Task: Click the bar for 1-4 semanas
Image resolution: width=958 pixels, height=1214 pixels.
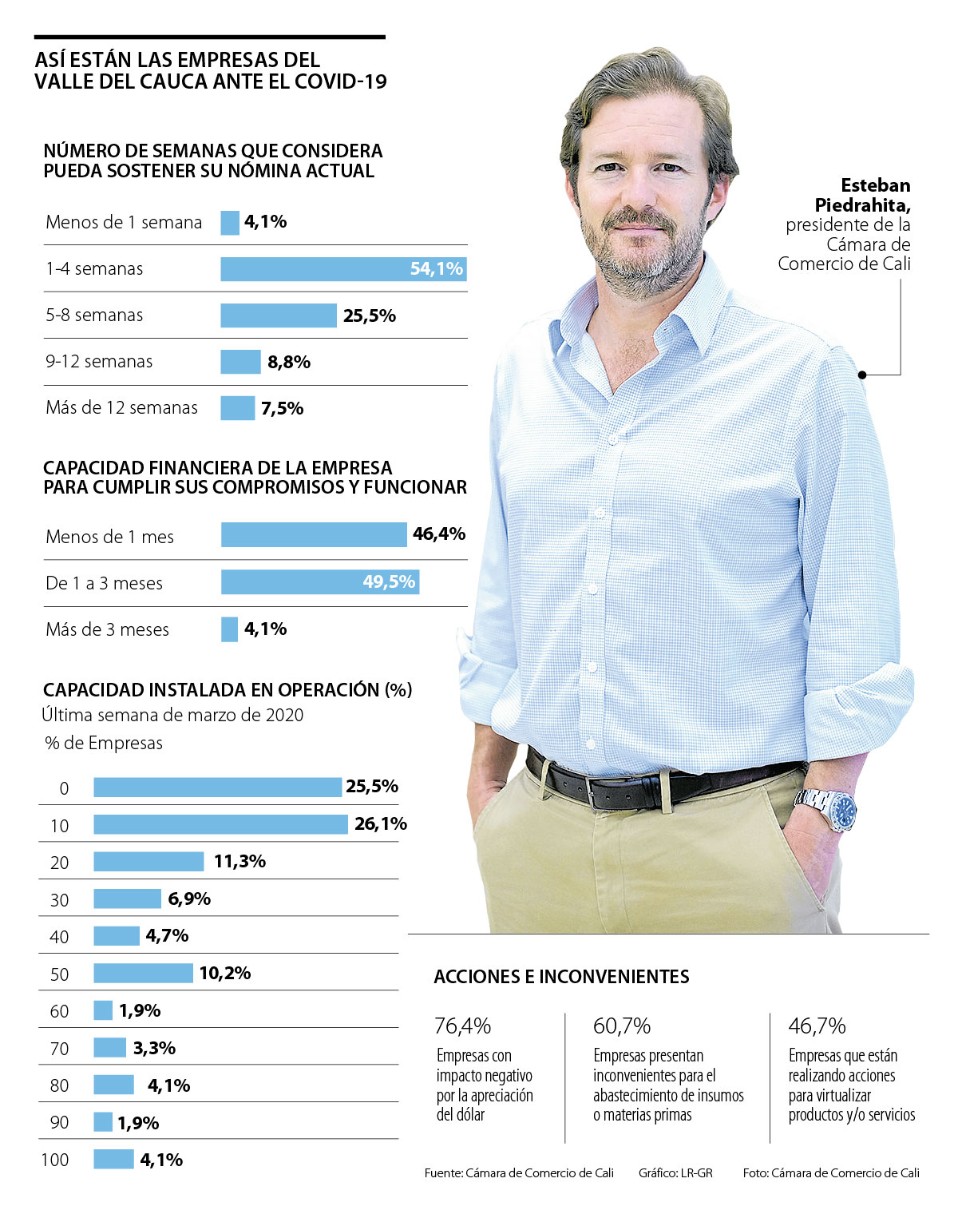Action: [343, 269]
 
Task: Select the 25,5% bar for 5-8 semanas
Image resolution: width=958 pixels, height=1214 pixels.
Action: [279, 315]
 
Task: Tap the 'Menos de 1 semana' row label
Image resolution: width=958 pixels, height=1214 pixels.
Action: [124, 222]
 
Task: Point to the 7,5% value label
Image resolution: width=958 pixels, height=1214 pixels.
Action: [283, 409]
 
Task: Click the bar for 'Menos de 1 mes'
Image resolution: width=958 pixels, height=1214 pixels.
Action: [314, 534]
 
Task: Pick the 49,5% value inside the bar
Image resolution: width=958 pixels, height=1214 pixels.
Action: [389, 581]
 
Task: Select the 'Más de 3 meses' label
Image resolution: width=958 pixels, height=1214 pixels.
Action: [107, 629]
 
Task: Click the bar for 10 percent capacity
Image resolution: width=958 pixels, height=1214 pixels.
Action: [220, 824]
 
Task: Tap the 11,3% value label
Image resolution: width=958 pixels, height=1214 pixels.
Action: [239, 861]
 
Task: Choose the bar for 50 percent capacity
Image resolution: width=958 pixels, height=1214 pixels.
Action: [143, 973]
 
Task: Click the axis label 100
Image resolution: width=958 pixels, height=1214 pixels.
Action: [55, 1160]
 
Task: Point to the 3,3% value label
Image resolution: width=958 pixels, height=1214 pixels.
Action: [154, 1048]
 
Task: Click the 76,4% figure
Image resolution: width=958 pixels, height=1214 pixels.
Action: [463, 1026]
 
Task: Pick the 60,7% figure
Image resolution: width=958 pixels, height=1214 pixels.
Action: [622, 1026]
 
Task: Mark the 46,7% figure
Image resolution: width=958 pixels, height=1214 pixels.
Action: [817, 1026]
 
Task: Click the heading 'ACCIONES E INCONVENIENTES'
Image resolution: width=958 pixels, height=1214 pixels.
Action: [561, 977]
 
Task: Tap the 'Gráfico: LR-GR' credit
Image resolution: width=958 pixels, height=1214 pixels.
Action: [675, 1173]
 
